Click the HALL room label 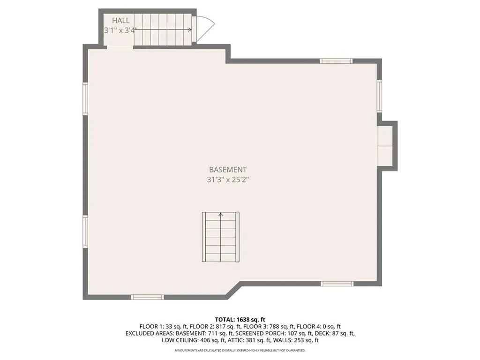point(120,21)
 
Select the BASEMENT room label point(228,170)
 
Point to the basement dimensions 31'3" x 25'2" point(228,180)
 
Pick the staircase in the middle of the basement point(221,237)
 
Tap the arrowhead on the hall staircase point(189,30)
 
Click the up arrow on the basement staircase point(221,215)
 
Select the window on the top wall point(336,60)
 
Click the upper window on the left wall point(85,98)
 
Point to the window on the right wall point(379,96)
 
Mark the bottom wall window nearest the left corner point(147,297)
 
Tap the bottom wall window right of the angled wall point(337,283)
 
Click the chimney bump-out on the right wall point(388,146)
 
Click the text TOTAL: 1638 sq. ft point(240,320)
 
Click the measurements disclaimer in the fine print point(240,350)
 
